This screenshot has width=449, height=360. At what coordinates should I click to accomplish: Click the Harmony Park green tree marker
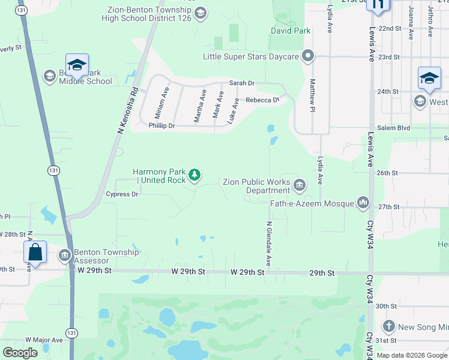coord(194,175)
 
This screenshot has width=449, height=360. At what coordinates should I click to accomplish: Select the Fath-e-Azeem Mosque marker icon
coord(363,203)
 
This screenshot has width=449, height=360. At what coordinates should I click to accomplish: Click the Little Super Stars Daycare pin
coord(309,57)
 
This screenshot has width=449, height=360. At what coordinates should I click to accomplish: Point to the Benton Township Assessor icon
coord(65,256)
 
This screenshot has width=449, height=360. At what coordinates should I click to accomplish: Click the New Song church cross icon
coord(389,327)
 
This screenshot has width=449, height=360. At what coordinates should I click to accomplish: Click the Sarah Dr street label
coord(241,84)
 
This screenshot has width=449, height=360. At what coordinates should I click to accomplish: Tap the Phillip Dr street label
coord(161,126)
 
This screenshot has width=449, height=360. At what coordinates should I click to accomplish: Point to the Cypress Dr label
coord(122,194)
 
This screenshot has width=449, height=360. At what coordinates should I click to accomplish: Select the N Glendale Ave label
coord(268,244)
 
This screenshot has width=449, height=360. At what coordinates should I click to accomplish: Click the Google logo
coord(20,353)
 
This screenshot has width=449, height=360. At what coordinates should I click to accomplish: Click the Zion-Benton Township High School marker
coord(200,13)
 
